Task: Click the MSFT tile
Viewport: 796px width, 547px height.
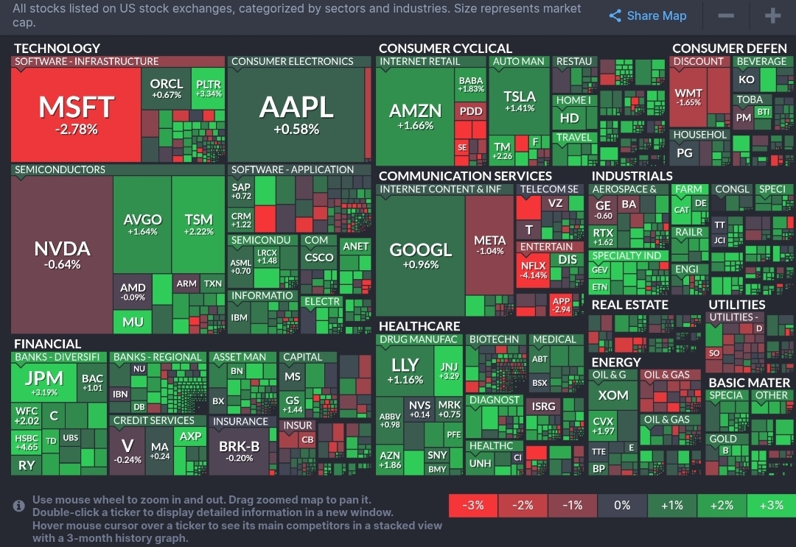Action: click(x=76, y=115)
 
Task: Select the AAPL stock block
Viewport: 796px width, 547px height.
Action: click(x=296, y=115)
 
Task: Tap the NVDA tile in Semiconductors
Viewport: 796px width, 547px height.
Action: click(x=62, y=254)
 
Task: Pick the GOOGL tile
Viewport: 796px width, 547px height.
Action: click(x=420, y=255)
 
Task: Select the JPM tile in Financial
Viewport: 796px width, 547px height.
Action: click(x=44, y=382)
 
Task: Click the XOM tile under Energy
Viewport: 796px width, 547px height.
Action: click(x=612, y=395)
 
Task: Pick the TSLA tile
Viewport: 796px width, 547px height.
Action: click(x=520, y=101)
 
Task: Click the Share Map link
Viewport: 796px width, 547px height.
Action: click(x=648, y=16)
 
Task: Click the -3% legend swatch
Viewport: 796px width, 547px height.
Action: click(x=473, y=505)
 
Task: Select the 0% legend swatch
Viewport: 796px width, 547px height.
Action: click(x=622, y=505)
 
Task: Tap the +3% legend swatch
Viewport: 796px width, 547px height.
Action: click(x=771, y=505)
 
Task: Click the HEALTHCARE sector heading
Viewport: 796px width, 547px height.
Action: click(x=419, y=326)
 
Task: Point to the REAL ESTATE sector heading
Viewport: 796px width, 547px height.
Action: click(x=629, y=305)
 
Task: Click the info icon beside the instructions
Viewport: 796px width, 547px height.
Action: click(x=19, y=506)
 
